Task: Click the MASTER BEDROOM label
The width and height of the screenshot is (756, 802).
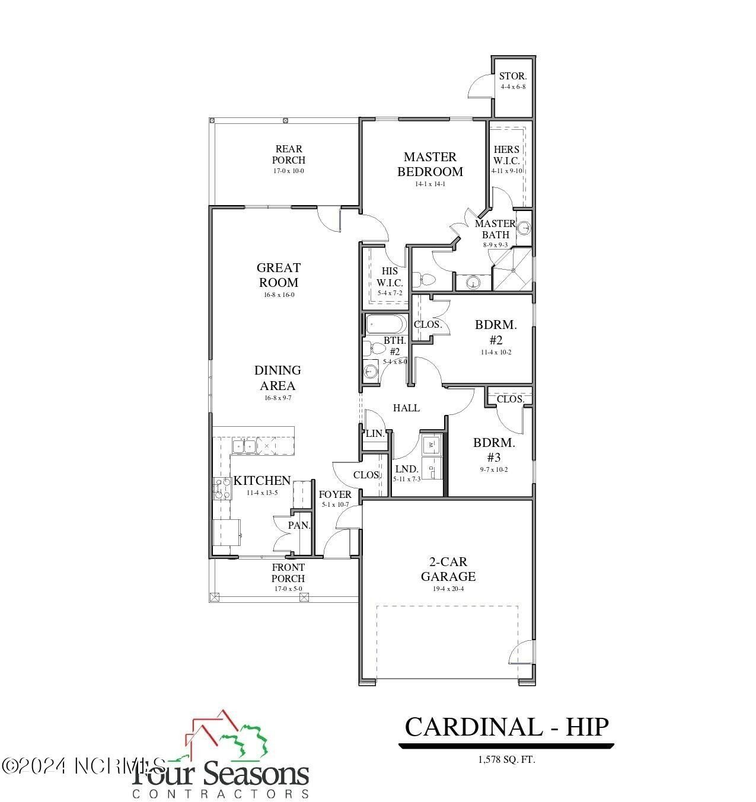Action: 430,164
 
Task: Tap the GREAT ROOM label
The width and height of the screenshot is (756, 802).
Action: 278,275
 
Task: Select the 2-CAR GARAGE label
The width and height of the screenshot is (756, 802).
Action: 448,569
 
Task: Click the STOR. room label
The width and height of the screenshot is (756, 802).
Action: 513,76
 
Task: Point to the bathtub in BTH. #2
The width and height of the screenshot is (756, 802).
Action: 386,324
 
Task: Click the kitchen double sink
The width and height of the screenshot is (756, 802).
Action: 244,446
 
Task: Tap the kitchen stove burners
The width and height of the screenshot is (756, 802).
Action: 222,488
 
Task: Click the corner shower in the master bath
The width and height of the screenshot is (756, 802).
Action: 513,269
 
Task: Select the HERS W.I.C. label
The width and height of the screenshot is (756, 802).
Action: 506,155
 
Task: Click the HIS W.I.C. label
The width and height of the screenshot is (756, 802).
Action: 390,277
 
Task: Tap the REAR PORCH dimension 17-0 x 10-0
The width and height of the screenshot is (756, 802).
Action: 289,171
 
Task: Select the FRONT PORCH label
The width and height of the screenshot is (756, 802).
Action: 288,573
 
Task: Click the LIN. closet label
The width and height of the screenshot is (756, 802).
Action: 375,433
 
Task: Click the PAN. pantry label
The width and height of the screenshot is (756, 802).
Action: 299,525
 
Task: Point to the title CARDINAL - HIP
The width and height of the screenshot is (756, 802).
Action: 506,727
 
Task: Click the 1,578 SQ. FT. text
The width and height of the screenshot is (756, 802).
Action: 506,759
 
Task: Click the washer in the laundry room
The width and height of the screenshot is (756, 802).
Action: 432,443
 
